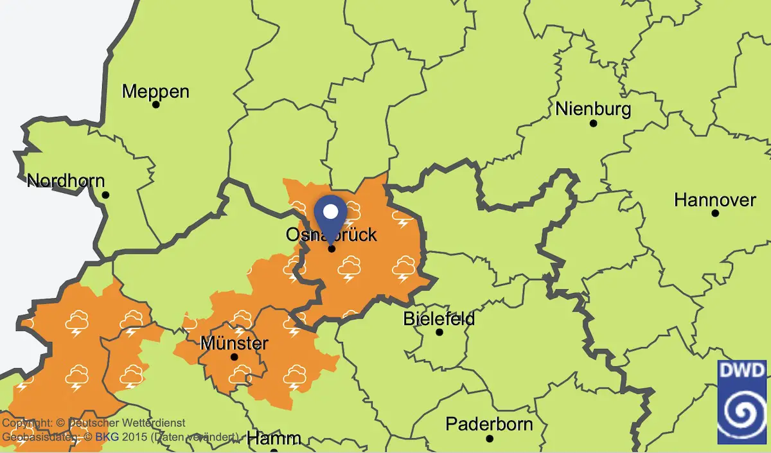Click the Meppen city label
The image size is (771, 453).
(155, 92)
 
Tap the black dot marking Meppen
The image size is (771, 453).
(155, 104)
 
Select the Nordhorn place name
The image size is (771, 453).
(66, 181)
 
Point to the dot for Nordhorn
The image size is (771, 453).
(105, 195)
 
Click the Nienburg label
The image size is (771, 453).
(593, 109)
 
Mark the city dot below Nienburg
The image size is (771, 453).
(593, 123)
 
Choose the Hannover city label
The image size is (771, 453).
(714, 200)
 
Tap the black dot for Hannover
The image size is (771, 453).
(714, 213)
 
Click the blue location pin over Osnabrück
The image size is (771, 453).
(331, 215)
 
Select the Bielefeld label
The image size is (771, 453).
(439, 319)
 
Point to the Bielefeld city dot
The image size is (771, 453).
(439, 332)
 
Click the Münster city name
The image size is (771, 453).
(234, 343)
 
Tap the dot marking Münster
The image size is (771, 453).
(235, 357)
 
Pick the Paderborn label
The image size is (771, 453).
(489, 424)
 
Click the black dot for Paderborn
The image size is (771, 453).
(490, 438)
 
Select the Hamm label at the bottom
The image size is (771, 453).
(274, 439)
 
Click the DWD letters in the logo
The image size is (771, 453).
(742, 370)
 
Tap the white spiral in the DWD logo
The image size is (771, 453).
(742, 411)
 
